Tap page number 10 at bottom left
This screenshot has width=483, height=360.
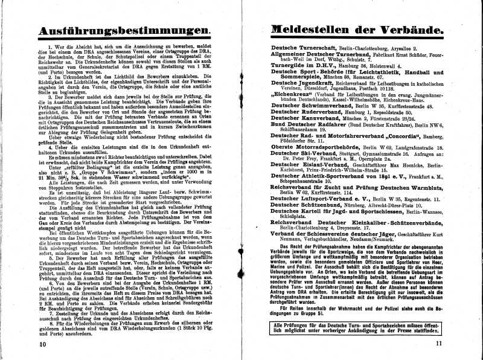42,344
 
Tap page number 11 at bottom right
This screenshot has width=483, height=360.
438,344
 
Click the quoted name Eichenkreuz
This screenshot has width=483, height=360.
293,94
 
